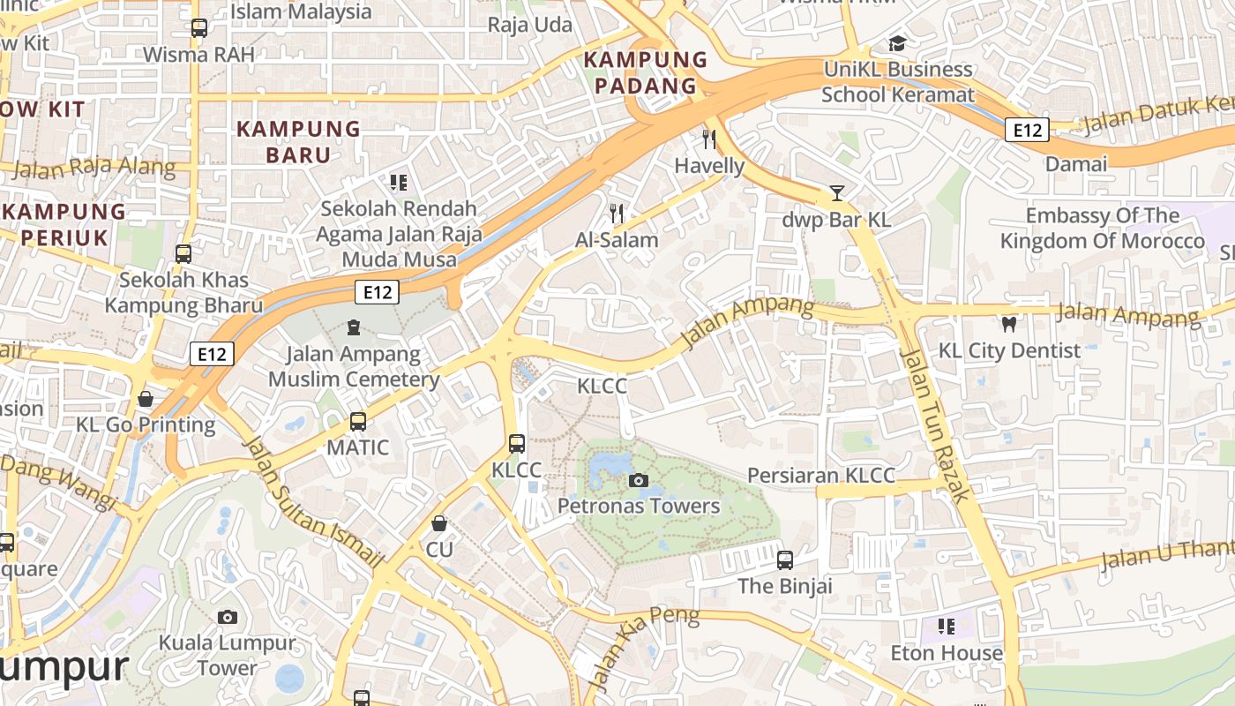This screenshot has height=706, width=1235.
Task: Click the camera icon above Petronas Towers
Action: click(x=639, y=481)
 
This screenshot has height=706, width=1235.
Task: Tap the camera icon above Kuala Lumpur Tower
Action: click(x=228, y=617)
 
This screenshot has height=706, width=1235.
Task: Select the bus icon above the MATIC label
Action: click(x=357, y=422)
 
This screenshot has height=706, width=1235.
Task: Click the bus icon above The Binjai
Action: click(x=784, y=560)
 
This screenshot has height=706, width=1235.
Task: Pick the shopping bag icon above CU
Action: click(x=439, y=524)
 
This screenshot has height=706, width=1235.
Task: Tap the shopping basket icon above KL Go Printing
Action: click(x=146, y=399)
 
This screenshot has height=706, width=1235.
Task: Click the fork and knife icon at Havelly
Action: click(x=708, y=139)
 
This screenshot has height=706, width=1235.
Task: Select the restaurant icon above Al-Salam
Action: click(x=617, y=213)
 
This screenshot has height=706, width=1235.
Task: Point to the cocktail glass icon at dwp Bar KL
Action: click(x=837, y=193)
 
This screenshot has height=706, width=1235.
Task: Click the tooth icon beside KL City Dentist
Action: click(x=1009, y=324)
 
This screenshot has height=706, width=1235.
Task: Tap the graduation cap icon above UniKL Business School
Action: click(x=897, y=43)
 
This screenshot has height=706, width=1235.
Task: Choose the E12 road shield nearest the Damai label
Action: click(x=1027, y=131)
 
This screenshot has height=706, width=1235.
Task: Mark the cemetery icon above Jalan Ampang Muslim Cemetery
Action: click(x=354, y=327)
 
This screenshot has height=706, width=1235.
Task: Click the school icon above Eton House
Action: click(x=947, y=627)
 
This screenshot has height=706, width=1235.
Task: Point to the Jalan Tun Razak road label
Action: click(x=934, y=424)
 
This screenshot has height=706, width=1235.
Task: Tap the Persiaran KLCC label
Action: click(x=820, y=475)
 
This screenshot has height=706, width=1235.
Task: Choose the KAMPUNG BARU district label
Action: click(x=298, y=142)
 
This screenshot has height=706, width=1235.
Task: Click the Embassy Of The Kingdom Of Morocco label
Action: click(x=1102, y=228)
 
